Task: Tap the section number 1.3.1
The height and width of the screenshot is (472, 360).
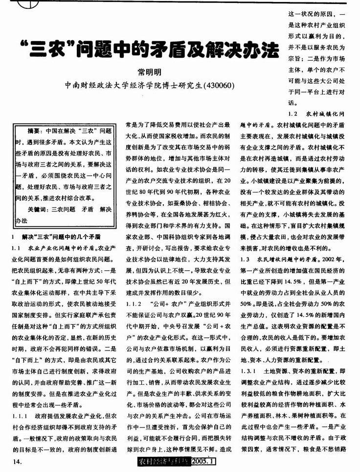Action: pyautogui.click(x=249, y=372)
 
